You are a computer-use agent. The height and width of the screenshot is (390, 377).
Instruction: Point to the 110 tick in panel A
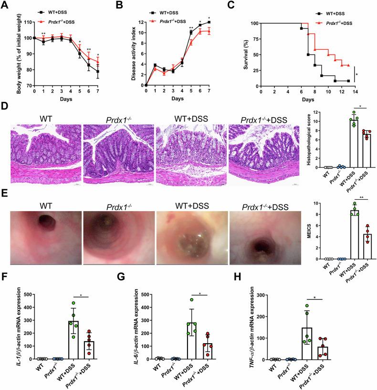pyautogui.click(x=27, y=22)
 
